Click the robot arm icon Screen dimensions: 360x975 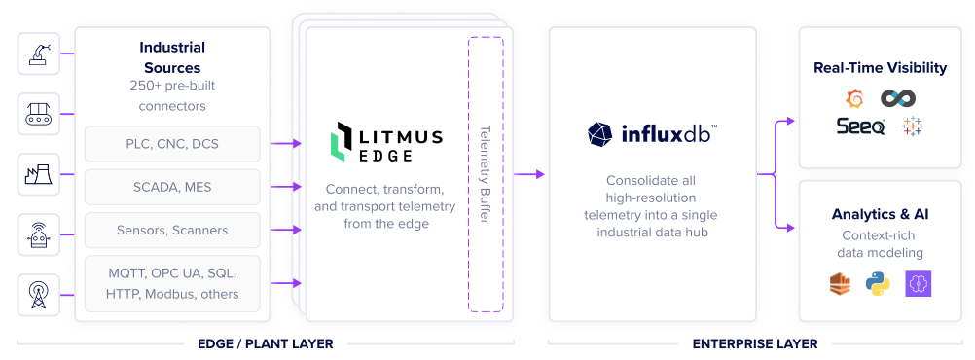click(x=38, y=54)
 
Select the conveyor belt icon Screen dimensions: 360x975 click(x=38, y=114)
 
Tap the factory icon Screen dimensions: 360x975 click(x=38, y=174)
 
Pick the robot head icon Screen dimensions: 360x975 click(x=38, y=234)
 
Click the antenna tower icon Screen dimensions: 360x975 click(x=38, y=294)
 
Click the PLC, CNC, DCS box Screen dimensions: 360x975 click(x=172, y=144)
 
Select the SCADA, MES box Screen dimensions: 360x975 click(x=172, y=187)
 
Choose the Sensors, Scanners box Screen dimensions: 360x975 click(x=172, y=231)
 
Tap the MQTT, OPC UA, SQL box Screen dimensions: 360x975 click(x=172, y=283)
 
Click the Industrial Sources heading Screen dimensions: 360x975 click(x=172, y=57)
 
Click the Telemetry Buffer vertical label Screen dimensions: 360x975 click(x=485, y=174)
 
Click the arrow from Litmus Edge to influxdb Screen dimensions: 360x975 click(x=529, y=175)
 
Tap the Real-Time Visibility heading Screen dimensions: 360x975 click(x=880, y=68)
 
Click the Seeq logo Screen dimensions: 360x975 click(x=860, y=126)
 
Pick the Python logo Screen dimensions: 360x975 click(x=878, y=283)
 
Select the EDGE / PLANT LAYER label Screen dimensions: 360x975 click(x=265, y=343)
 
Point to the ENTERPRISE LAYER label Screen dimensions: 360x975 click(x=754, y=343)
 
